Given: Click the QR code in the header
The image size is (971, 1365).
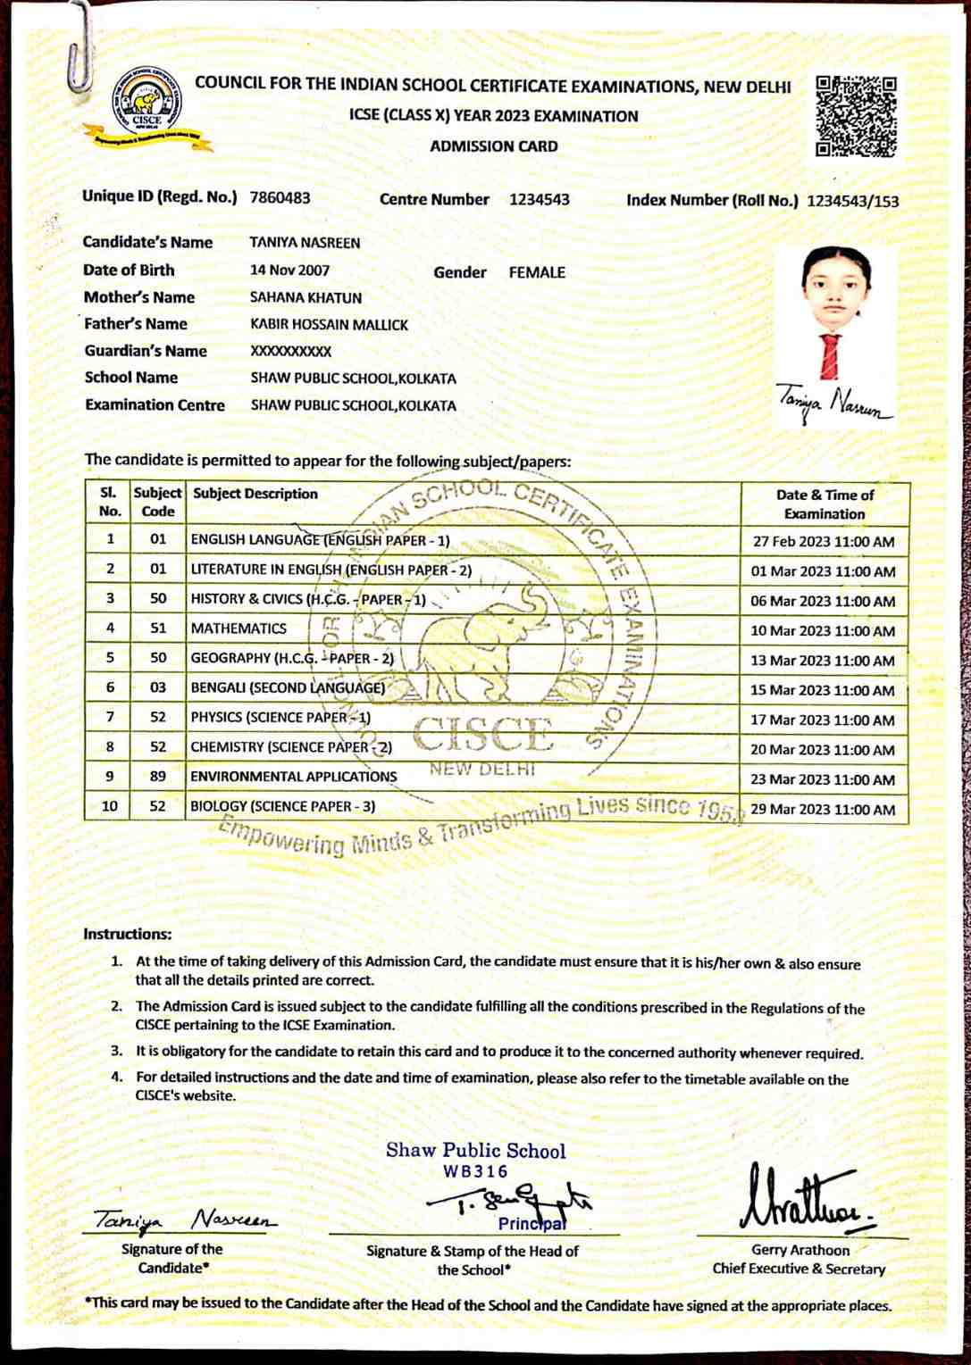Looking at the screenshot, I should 856,116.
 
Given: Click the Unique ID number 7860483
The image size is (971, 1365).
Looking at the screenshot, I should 280,198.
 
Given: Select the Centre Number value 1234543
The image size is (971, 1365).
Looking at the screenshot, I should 539,200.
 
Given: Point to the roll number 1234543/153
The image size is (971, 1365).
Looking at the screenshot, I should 852,201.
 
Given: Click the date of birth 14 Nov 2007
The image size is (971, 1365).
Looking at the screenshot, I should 289,271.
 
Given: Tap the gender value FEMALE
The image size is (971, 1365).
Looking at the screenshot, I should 537,273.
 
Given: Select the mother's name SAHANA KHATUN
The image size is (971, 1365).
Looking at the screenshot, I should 306,297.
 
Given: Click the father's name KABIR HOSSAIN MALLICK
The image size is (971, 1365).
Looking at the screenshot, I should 329,325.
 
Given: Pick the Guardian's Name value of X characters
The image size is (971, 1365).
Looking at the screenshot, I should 290,352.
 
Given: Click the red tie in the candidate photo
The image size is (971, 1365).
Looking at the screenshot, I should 832,356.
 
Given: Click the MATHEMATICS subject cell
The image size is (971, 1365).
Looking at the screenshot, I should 239,628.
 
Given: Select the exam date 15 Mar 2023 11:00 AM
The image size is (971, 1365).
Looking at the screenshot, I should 822,690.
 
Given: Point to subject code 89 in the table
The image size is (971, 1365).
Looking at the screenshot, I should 158,777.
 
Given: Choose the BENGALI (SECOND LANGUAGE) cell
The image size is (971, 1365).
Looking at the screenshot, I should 288,687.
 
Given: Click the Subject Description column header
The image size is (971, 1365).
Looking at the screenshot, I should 255,494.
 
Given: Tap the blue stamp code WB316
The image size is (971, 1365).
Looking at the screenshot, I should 475,1171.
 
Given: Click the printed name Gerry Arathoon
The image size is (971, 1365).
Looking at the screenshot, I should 799,1250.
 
